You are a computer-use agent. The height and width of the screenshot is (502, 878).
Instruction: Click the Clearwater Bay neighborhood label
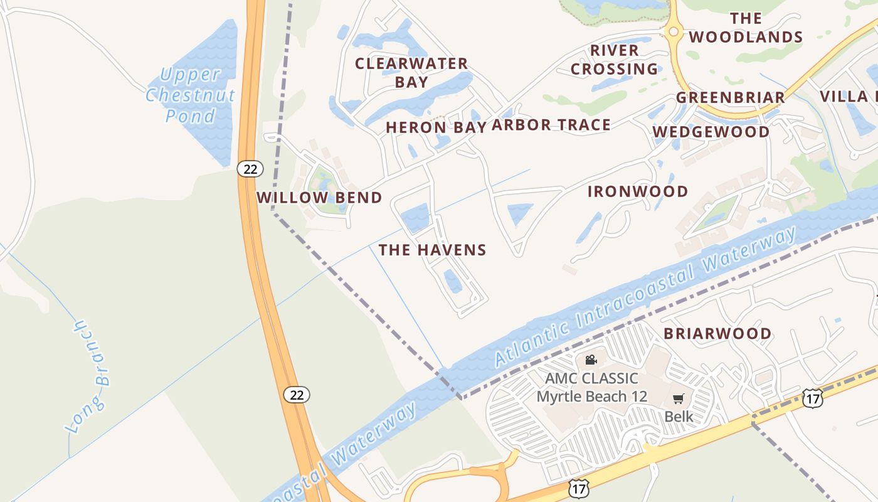(411, 73)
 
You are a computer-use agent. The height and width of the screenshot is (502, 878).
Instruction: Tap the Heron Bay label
(436, 127)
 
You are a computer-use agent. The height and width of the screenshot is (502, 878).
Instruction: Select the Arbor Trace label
(551, 125)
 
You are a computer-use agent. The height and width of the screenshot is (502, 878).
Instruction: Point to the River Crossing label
(615, 60)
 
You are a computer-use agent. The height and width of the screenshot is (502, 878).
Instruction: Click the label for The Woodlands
(746, 28)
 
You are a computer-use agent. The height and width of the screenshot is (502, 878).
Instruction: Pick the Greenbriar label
(730, 98)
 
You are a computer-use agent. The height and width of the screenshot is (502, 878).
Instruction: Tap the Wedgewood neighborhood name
(711, 132)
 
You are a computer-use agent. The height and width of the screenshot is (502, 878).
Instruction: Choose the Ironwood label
(638, 191)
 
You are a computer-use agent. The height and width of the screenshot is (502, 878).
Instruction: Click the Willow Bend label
(319, 198)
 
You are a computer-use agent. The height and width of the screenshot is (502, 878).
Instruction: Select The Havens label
(432, 250)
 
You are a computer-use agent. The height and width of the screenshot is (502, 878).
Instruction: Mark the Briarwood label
(717, 333)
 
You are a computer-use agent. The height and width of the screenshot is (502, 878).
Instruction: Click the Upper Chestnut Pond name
(191, 95)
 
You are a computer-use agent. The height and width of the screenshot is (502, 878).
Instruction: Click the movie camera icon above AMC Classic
(590, 360)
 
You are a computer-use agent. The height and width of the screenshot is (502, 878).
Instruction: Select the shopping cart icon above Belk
(678, 398)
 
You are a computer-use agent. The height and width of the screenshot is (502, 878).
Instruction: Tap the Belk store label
(679, 416)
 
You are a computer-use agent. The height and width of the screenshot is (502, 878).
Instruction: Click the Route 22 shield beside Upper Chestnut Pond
(250, 169)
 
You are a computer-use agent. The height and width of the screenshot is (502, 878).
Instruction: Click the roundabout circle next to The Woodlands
(674, 31)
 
